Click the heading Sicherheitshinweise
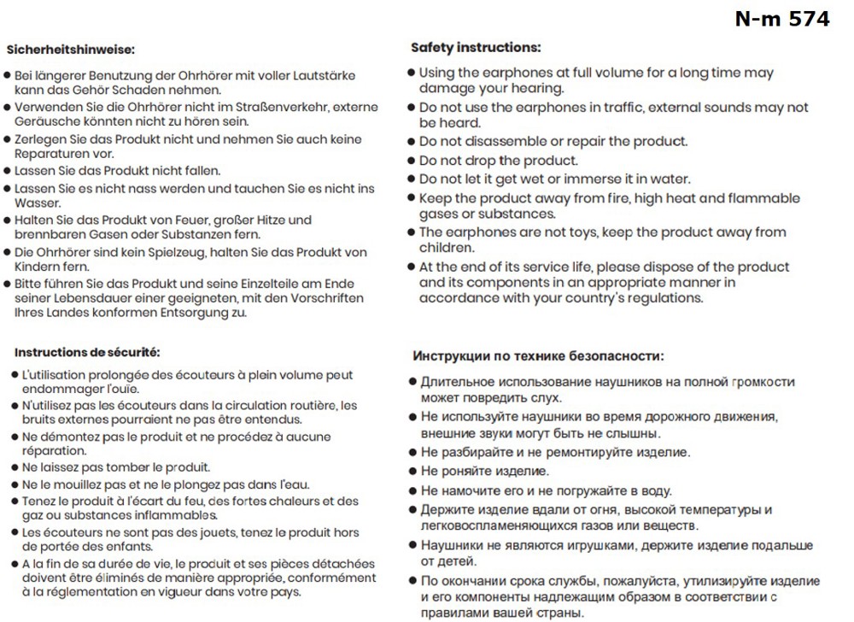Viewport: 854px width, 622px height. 70,50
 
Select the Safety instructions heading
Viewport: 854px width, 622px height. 475,47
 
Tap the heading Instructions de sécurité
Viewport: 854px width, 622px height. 87,352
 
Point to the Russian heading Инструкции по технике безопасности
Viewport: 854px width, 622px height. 537,356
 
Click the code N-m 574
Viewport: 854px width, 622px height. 782,19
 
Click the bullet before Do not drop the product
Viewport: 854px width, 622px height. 411,161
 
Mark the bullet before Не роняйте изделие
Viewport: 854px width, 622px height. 412,472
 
